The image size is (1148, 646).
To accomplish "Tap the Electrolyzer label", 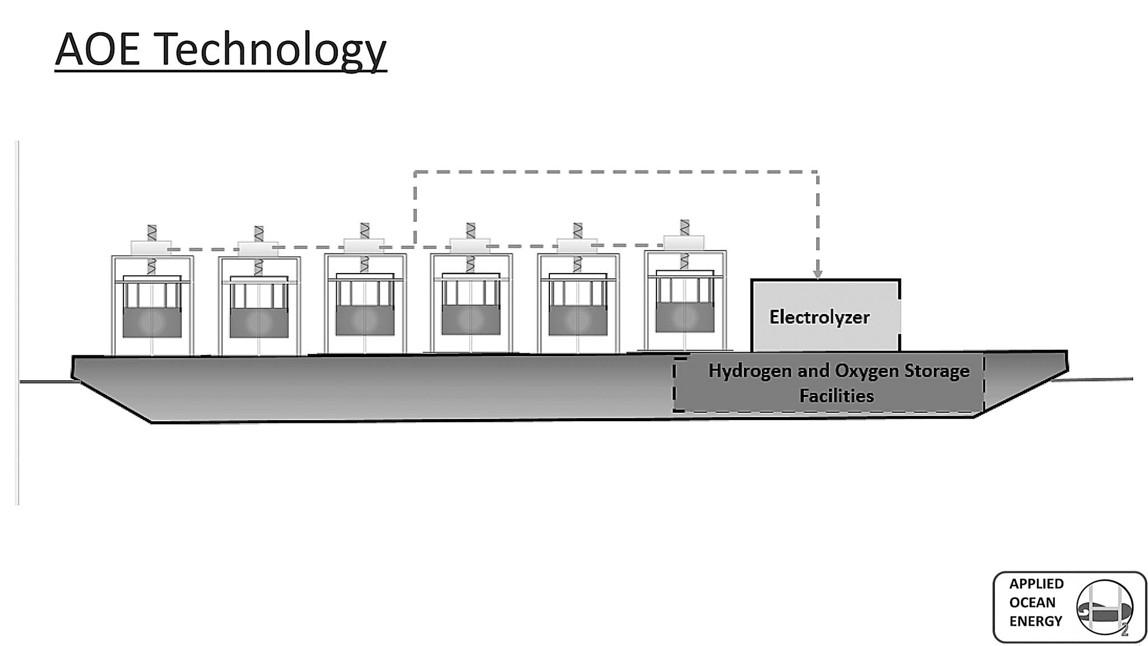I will click(x=819, y=317).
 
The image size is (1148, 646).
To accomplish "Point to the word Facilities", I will click(x=836, y=396).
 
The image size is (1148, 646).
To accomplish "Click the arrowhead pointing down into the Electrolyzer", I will click(x=817, y=274).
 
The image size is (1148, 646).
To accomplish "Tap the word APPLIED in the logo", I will click(x=1036, y=584).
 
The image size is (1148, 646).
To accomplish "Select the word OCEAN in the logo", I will click(x=1032, y=602).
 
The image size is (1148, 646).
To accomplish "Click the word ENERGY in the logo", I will click(x=1035, y=621).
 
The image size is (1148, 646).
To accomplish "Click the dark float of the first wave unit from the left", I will click(x=152, y=322).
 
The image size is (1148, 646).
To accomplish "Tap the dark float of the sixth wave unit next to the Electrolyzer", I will click(x=684, y=317).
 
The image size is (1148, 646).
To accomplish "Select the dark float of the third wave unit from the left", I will click(x=365, y=321).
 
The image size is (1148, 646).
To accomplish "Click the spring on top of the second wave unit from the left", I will click(x=258, y=234).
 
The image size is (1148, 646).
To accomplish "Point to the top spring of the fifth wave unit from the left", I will click(x=578, y=230).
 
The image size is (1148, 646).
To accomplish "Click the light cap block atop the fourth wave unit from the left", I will click(x=471, y=246).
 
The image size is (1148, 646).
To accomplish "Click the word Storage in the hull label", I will click(x=937, y=371).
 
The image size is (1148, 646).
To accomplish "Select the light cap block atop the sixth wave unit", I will click(x=684, y=242).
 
